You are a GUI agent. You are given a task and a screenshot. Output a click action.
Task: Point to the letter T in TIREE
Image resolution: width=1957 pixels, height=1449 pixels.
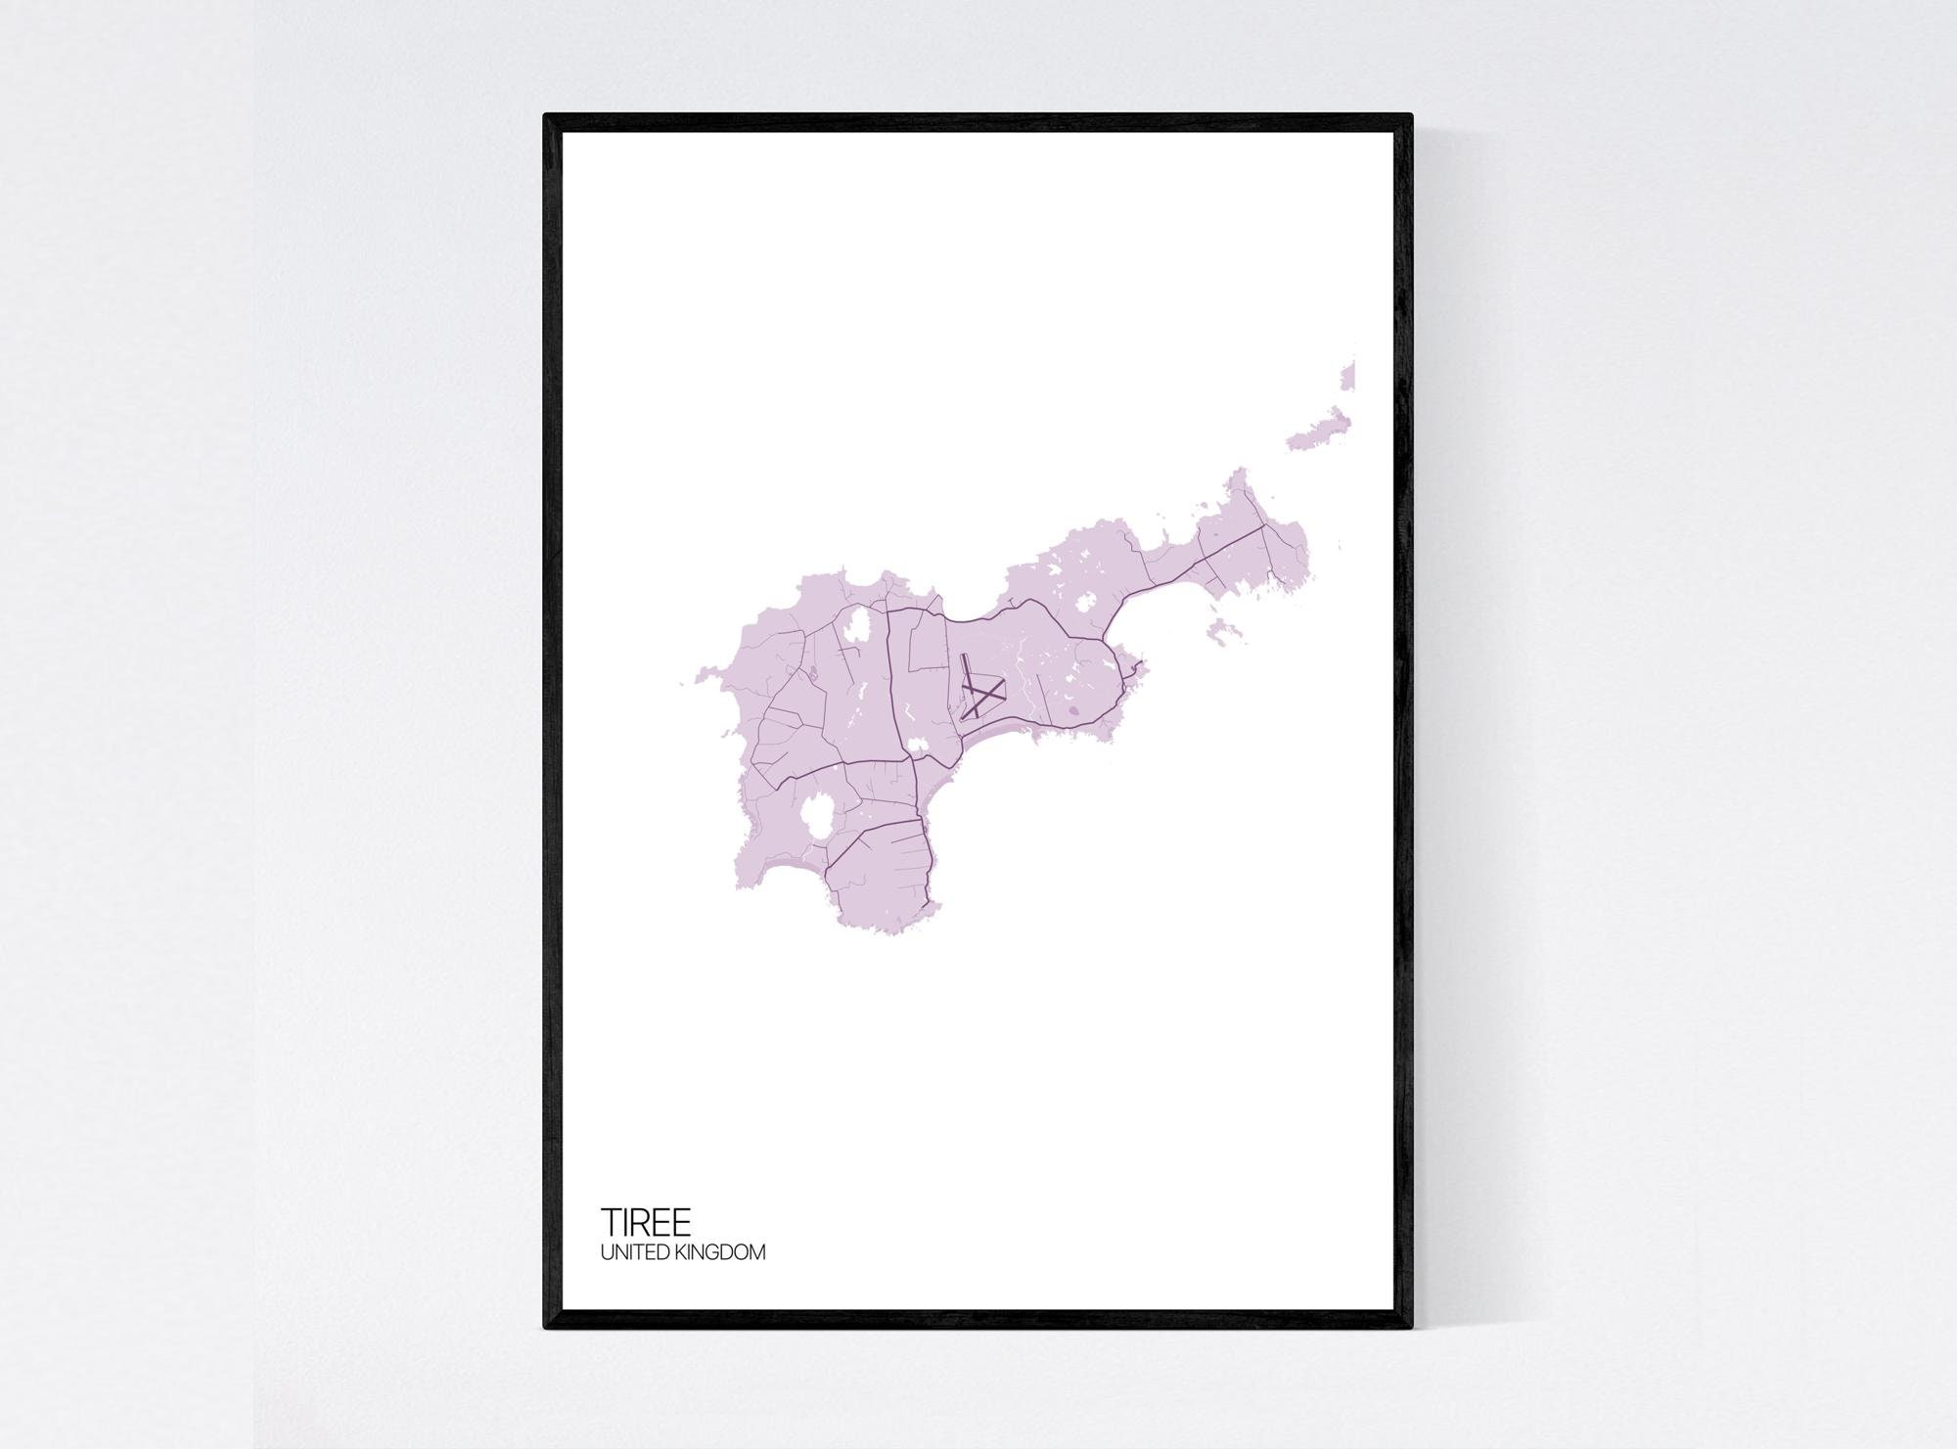tap(609, 1222)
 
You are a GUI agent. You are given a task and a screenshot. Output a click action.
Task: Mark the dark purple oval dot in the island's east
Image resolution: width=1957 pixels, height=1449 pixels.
tap(1073, 711)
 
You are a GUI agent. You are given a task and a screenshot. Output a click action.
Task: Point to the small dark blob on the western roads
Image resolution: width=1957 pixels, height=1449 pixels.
tap(811, 671)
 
